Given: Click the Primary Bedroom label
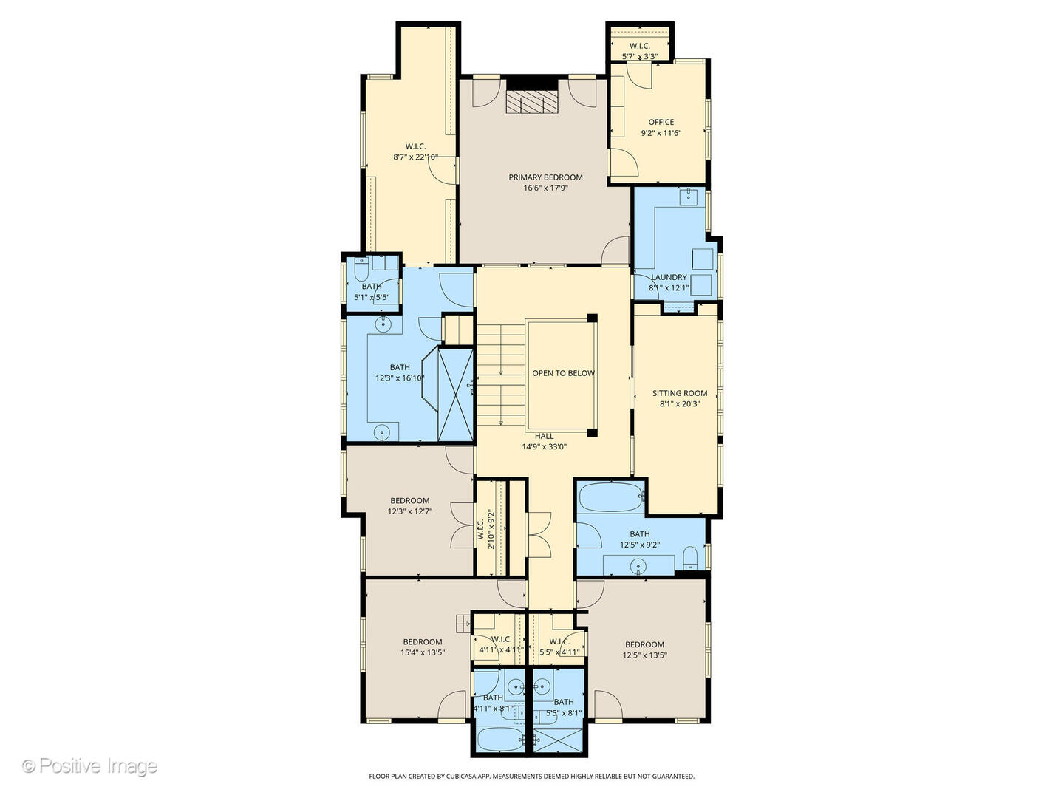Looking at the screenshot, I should coord(545,177).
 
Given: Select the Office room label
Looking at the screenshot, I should coord(661,122).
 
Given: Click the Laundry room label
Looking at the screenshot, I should coord(668,277).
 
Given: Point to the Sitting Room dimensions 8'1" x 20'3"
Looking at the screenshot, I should coord(679,404).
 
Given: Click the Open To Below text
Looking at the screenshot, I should coord(563,373).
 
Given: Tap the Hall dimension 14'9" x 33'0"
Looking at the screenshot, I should coord(544,446).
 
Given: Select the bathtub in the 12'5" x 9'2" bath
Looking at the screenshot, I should coord(610,497).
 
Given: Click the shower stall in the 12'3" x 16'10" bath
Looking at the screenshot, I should coord(455,394).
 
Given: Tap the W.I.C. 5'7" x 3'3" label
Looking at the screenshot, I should coord(639,46).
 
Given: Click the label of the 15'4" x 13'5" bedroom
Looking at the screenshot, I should coord(423,642).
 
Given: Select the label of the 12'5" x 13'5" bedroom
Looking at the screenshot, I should coord(644,644).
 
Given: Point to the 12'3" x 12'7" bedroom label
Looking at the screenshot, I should coord(409,500).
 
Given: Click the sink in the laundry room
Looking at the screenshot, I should coord(689,195).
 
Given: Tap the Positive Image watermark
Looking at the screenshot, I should coord(89,766).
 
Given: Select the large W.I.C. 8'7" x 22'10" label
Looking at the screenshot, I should coord(415,146).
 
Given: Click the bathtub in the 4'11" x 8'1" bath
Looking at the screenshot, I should coord(499,738).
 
